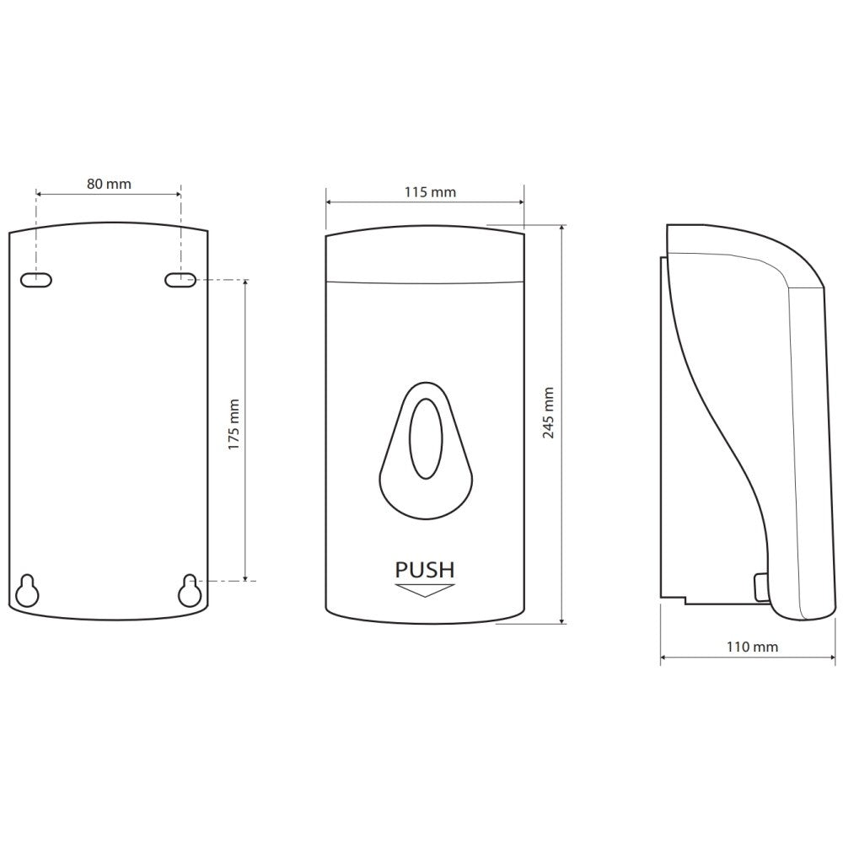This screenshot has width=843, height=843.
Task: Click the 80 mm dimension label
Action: (x=109, y=184)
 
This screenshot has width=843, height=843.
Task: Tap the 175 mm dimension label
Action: (x=234, y=425)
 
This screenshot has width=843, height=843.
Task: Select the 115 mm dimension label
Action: (x=430, y=192)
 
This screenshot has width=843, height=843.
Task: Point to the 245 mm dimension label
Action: (x=549, y=412)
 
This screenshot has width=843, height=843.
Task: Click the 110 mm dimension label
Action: (x=752, y=647)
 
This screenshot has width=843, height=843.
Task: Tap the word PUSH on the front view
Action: (x=425, y=570)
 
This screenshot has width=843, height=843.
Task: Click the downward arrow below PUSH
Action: (x=425, y=590)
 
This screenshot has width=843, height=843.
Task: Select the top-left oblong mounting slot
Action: (x=36, y=280)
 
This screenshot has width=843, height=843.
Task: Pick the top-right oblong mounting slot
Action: (x=180, y=280)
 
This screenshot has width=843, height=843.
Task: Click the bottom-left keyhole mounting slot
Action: (x=27, y=592)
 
